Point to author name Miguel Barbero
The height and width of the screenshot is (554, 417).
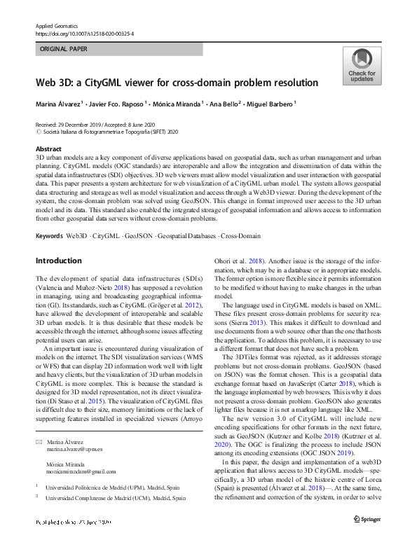271,104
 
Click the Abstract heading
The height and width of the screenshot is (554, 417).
48,150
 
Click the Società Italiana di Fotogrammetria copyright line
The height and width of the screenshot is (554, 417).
105,131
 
